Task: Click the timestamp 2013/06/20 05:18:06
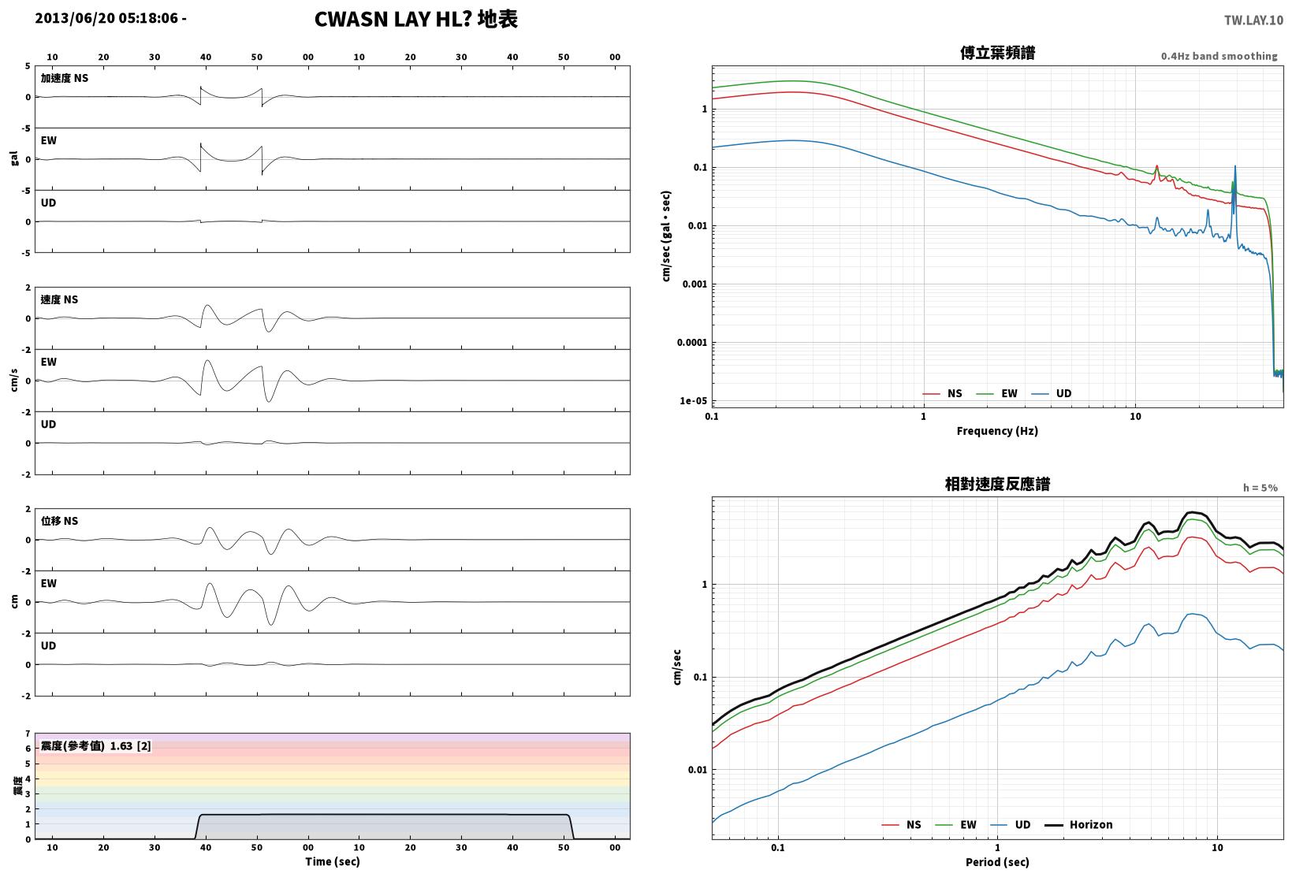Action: click(x=106, y=18)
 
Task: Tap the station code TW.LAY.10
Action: click(x=1253, y=20)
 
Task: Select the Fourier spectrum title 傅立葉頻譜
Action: click(x=997, y=53)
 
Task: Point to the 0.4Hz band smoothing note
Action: click(x=1219, y=56)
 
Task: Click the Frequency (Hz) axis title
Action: click(x=996, y=431)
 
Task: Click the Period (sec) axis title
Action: click(x=996, y=862)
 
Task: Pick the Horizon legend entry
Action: click(x=1078, y=824)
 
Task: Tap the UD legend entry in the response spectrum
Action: click(x=1011, y=824)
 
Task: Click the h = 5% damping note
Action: click(x=1260, y=488)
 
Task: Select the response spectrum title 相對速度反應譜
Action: click(x=997, y=484)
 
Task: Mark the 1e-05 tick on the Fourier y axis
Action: click(x=693, y=401)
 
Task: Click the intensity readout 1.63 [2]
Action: click(x=130, y=745)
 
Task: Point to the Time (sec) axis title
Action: click(x=332, y=861)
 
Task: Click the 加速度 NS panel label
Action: click(x=64, y=78)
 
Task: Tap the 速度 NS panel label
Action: click(x=59, y=299)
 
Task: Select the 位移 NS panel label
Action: click(x=59, y=521)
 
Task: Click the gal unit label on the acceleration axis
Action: click(x=14, y=158)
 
